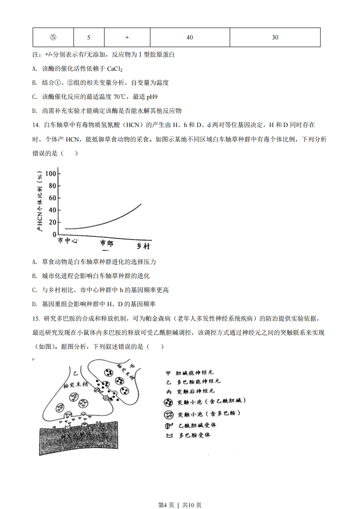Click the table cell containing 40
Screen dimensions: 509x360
190,38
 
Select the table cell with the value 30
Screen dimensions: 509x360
275,38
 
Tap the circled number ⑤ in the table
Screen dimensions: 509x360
54,38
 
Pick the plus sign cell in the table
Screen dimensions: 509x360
127,38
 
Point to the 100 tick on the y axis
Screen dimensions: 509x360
50,174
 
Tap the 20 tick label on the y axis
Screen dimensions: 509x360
52,222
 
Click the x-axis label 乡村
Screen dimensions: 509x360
143,246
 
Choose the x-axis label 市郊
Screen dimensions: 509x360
107,243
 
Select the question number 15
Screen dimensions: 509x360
36,319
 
